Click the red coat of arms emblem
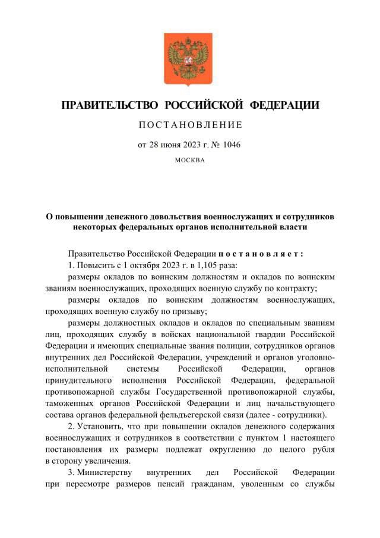tap(189, 59)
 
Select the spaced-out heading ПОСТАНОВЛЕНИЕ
tap(190, 125)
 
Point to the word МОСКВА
tap(190, 160)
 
